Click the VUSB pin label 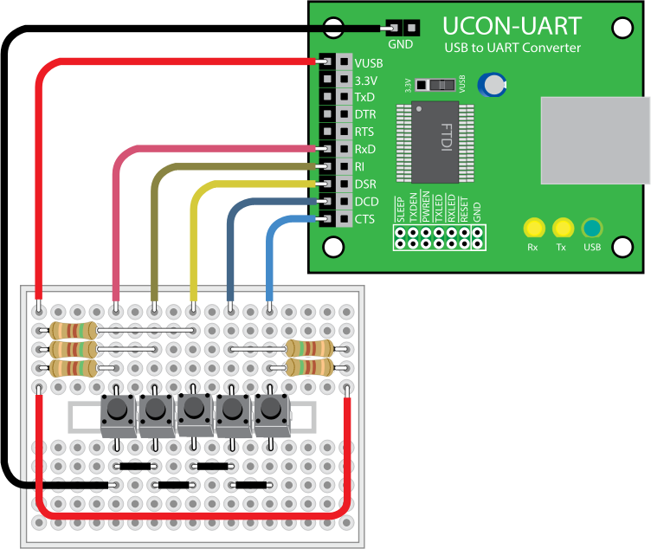point(369,63)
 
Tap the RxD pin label point(364,150)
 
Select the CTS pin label point(364,219)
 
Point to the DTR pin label point(364,115)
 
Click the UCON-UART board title point(512,26)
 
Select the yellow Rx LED point(533,229)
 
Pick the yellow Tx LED point(563,229)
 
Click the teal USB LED point(592,229)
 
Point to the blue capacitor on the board point(494,83)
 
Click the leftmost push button point(117,414)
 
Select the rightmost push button point(270,414)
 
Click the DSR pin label point(364,184)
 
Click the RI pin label point(359,167)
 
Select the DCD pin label point(365,202)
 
